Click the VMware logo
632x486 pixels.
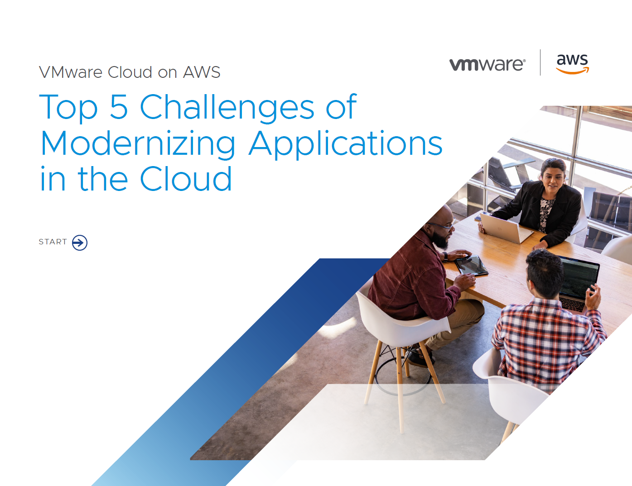487,64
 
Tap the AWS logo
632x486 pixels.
572,63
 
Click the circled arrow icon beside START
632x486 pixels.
80,243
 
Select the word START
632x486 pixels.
53,242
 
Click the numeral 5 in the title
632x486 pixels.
119,107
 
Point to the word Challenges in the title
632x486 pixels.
227,108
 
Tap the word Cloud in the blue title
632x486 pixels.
186,179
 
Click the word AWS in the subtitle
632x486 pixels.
202,72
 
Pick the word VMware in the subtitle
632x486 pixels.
71,72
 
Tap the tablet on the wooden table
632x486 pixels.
472,265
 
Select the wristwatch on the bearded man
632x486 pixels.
446,257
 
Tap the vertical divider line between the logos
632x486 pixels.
540,62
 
